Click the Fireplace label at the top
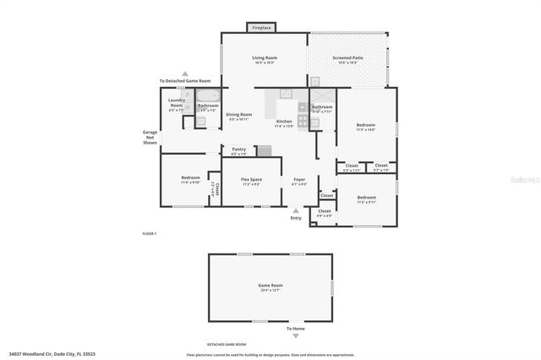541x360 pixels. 262,28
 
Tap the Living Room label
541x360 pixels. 265,59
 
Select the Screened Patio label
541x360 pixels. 347,59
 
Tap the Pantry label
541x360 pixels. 238,151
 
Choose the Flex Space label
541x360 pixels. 251,181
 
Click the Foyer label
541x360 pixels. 299,181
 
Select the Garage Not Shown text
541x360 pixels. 150,137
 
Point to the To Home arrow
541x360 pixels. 294,322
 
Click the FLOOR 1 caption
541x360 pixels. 149,233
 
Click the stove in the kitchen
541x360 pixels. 302,108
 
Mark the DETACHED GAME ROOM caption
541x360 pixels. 228,345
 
